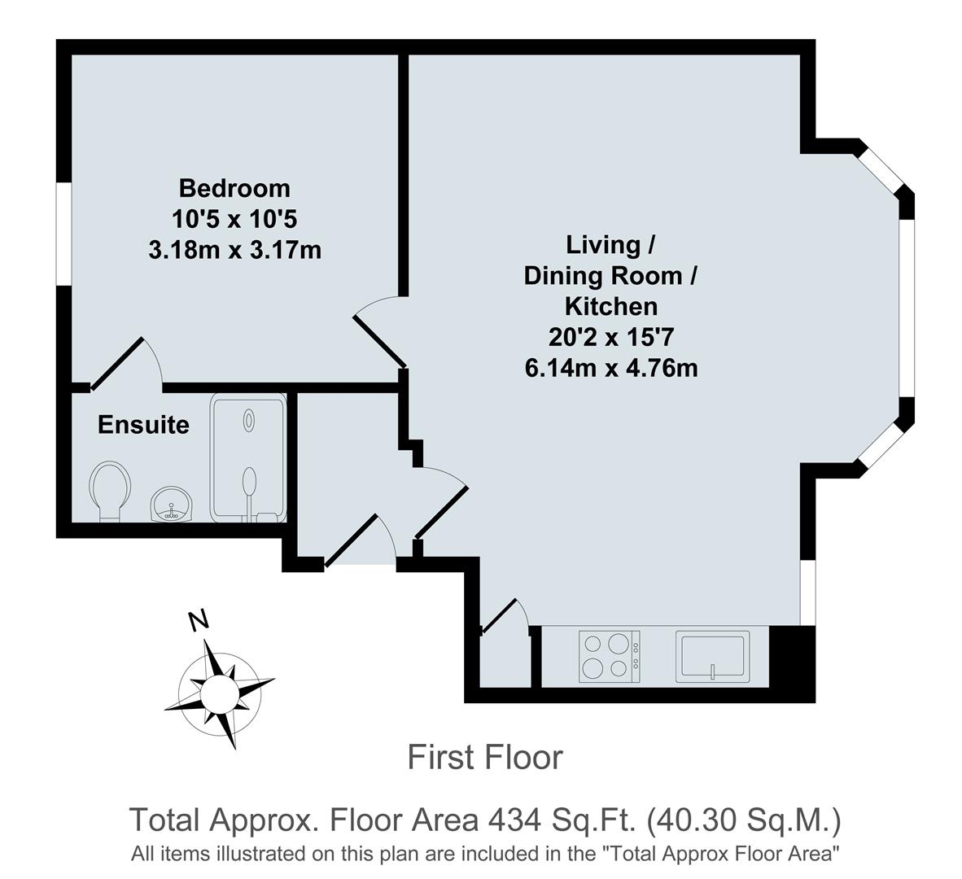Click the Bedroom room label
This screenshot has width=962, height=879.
tap(234, 188)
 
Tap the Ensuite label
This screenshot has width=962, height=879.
tap(143, 425)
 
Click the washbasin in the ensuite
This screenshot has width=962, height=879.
tap(171, 505)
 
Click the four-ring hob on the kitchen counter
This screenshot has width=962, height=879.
tap(610, 656)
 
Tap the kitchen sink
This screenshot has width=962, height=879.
tap(712, 656)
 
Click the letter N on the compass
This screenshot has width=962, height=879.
tap(198, 620)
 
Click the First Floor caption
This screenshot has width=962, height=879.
tap(484, 758)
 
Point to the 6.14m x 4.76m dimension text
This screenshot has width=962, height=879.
tap(611, 368)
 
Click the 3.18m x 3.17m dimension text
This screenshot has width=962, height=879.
tap(234, 250)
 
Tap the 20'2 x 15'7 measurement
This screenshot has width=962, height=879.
tap(611, 337)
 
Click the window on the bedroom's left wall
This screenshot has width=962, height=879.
tap(63, 234)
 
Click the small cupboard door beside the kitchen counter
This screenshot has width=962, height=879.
tap(501, 615)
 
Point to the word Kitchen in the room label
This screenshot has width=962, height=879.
tap(611, 306)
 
